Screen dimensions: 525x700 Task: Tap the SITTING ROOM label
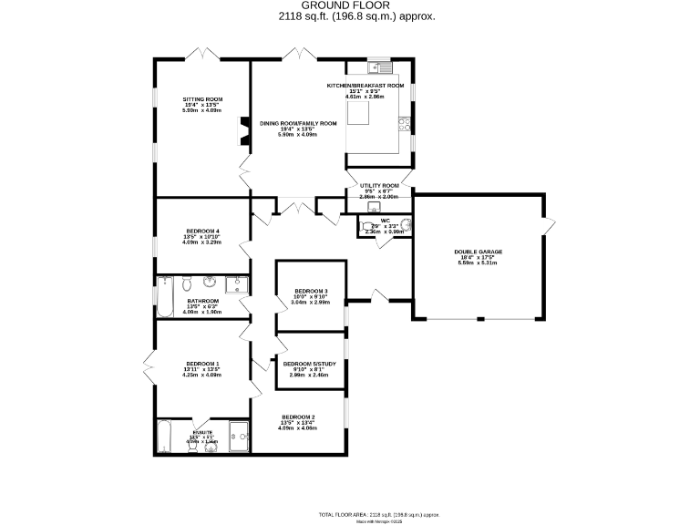(x=202, y=99)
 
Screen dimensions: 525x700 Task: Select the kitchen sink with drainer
(x=379, y=67)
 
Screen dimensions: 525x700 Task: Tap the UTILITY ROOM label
(x=379, y=185)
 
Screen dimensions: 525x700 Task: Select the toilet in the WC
(x=406, y=227)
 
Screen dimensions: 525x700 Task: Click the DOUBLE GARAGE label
(x=479, y=252)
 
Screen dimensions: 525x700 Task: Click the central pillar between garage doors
(x=479, y=318)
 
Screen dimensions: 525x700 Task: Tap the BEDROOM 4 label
(x=202, y=231)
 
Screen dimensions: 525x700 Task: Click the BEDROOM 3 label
(x=311, y=291)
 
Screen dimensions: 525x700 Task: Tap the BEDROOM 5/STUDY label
(x=310, y=364)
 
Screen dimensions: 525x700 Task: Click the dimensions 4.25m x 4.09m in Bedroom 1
(x=202, y=375)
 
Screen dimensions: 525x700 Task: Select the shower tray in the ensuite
(x=239, y=436)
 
